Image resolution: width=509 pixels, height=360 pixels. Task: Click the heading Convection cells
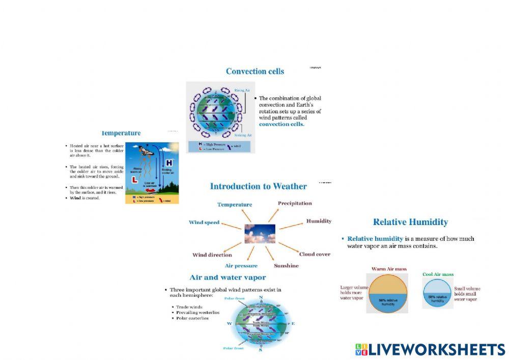(x=254, y=71)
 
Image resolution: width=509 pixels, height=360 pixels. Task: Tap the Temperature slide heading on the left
(x=121, y=133)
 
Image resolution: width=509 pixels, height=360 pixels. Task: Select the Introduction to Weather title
(x=258, y=186)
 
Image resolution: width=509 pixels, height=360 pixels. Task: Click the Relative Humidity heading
(x=410, y=222)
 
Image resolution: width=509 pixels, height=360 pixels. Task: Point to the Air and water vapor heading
(x=228, y=278)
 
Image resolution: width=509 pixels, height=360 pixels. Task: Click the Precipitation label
(x=295, y=203)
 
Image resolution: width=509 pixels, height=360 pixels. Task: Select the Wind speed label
(x=204, y=223)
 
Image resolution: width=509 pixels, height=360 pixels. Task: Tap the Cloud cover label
(x=315, y=254)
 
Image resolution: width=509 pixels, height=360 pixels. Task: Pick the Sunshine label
(x=286, y=266)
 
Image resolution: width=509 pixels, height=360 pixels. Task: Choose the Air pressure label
(x=241, y=266)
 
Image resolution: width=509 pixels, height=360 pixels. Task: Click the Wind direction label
(x=212, y=255)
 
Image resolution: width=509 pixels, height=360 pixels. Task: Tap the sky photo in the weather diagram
(x=260, y=234)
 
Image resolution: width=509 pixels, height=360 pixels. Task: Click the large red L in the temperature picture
(x=135, y=180)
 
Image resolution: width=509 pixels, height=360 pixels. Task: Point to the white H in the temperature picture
(x=168, y=162)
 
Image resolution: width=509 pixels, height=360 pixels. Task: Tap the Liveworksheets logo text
(x=437, y=350)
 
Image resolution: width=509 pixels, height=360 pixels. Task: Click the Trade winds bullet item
(x=189, y=307)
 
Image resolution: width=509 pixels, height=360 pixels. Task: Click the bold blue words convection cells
(x=281, y=124)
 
